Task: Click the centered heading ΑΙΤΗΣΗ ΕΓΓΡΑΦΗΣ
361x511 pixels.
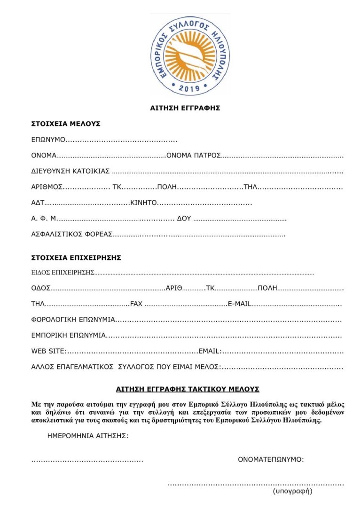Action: coord(185,108)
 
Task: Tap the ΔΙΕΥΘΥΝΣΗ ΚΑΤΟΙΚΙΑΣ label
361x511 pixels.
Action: coord(71,171)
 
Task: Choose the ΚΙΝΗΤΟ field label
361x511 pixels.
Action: coord(143,203)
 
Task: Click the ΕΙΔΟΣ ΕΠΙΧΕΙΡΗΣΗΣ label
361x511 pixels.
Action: coord(63,272)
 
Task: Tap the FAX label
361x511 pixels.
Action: coord(136,304)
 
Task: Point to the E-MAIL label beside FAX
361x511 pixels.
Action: coord(239,304)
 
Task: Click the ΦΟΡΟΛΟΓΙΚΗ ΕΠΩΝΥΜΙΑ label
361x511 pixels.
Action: coord(73,320)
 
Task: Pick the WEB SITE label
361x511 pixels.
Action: coord(48,351)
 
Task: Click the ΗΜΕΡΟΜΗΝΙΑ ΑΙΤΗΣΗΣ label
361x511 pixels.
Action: coord(88,436)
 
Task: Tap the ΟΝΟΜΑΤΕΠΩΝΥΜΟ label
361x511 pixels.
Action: coord(271,459)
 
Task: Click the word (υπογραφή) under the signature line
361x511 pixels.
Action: coord(292,492)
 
